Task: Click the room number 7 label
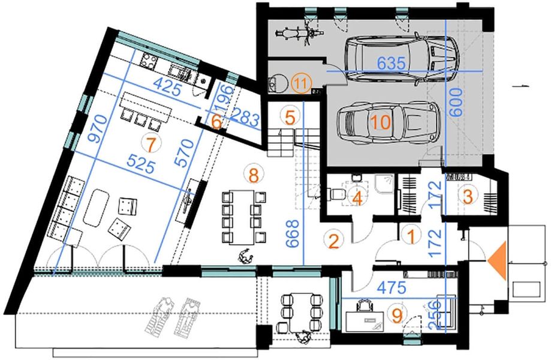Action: pyautogui.click(x=149, y=145)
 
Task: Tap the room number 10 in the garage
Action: pyautogui.click(x=381, y=122)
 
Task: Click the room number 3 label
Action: pyautogui.click(x=468, y=197)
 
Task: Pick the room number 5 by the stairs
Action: pyautogui.click(x=290, y=117)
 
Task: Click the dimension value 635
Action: pyautogui.click(x=391, y=63)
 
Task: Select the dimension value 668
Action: pyautogui.click(x=293, y=233)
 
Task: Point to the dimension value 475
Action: pyautogui.click(x=392, y=288)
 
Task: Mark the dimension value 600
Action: pyautogui.click(x=456, y=102)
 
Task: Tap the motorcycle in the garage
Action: pyautogui.click(x=299, y=33)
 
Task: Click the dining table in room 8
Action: pyautogui.click(x=242, y=217)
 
